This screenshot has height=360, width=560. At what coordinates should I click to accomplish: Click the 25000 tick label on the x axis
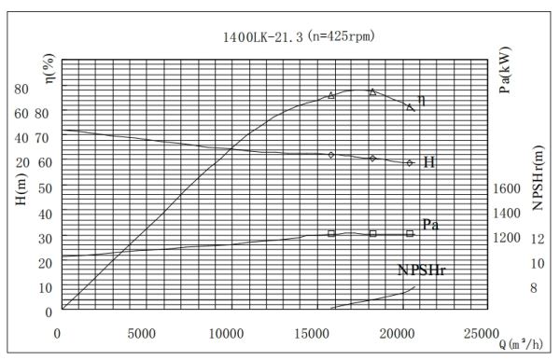coord(483,333)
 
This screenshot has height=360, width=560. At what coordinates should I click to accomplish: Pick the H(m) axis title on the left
coord(21,214)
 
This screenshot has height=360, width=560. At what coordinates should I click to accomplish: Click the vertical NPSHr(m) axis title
coord(539,178)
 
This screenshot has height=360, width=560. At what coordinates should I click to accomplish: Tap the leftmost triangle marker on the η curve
coord(331,95)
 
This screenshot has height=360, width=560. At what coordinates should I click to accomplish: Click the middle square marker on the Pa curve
coord(372,233)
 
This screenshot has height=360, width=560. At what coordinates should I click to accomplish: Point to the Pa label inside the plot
coord(430,225)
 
